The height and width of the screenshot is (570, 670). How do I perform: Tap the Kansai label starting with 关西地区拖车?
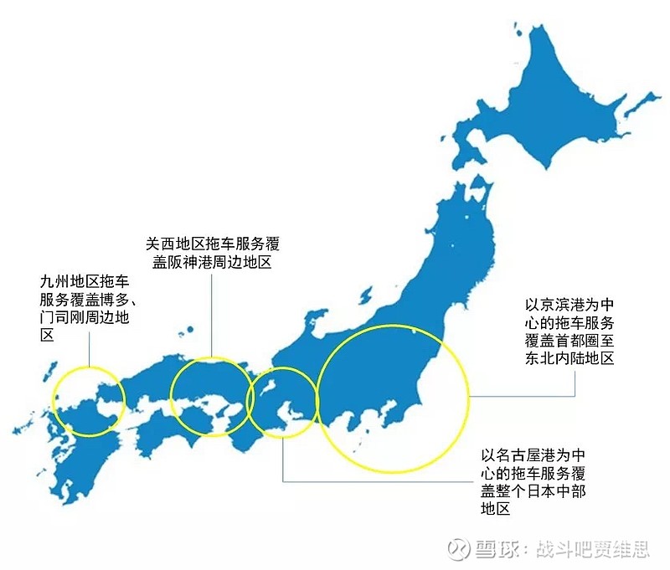point(212,254)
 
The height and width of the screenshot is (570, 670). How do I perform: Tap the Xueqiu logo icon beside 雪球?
point(458,549)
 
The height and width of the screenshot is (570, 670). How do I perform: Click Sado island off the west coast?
point(317,320)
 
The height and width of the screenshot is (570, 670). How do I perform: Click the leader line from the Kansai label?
point(212,318)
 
